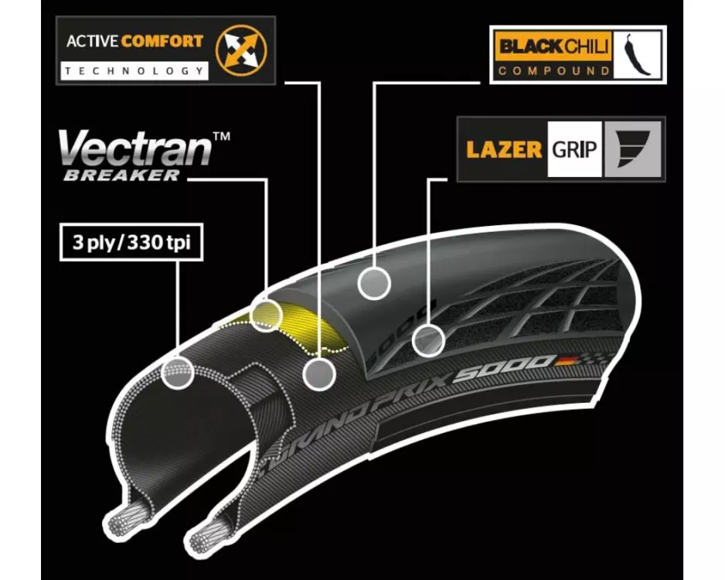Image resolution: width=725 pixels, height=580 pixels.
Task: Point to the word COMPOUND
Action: click(x=553, y=71)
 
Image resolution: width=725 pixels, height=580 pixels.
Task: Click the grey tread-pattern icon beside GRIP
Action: click(x=632, y=148)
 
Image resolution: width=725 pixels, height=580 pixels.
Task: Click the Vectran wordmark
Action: click(x=134, y=148)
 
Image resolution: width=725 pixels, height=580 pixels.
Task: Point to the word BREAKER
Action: click(x=121, y=175)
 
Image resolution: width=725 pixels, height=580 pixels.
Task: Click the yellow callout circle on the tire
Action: click(x=267, y=314)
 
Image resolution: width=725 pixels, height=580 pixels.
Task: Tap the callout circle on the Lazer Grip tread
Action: click(x=427, y=341)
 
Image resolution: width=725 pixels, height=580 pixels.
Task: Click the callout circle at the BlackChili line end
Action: click(x=373, y=283)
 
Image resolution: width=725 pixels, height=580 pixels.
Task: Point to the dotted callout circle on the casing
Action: click(x=178, y=374)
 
